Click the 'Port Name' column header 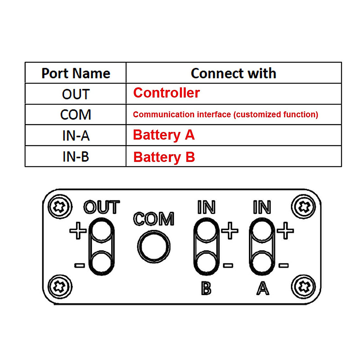(76, 73)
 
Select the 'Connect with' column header (233, 73)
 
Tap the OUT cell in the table (76, 94)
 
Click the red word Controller (166, 93)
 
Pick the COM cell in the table (76, 115)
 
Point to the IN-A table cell (76, 136)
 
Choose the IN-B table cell (76, 157)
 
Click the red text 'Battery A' (164, 135)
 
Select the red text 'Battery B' (164, 157)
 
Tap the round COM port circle (154, 247)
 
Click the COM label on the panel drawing (154, 219)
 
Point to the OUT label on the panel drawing (102, 207)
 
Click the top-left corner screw (60, 207)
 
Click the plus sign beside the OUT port (78, 230)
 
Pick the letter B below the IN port (206, 289)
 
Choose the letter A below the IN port (263, 289)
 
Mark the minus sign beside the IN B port (228, 265)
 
